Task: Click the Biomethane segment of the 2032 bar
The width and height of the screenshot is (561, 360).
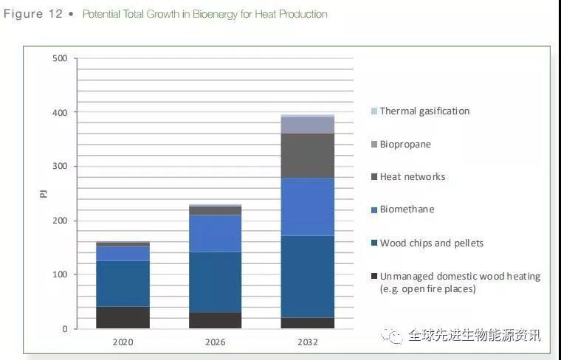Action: [x=308, y=207]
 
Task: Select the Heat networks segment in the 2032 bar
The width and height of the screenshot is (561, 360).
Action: [x=308, y=155]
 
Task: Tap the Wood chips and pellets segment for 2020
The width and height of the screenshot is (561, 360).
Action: [x=123, y=283]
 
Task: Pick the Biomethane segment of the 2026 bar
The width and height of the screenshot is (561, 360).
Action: [x=215, y=233]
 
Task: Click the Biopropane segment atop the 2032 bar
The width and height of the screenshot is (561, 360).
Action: [x=308, y=125]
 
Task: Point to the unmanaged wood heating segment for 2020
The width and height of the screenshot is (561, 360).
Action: [x=123, y=317]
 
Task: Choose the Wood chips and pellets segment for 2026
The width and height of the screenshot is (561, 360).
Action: [x=215, y=282]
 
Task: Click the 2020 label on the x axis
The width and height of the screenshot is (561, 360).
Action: [x=123, y=342]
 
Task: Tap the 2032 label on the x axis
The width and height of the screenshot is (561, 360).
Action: [x=308, y=342]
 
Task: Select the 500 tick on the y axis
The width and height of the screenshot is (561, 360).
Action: [x=60, y=58]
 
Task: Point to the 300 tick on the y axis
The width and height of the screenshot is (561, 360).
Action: [x=60, y=167]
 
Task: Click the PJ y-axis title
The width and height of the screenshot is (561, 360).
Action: [x=44, y=193]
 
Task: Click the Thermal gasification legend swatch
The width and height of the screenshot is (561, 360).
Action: [x=374, y=111]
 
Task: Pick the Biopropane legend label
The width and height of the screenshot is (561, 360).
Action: [x=405, y=144]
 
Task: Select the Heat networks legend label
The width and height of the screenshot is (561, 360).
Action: [x=413, y=177]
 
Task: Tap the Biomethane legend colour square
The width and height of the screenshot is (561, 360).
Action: [x=374, y=210]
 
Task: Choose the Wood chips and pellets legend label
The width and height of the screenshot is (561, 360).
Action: [x=432, y=243]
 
